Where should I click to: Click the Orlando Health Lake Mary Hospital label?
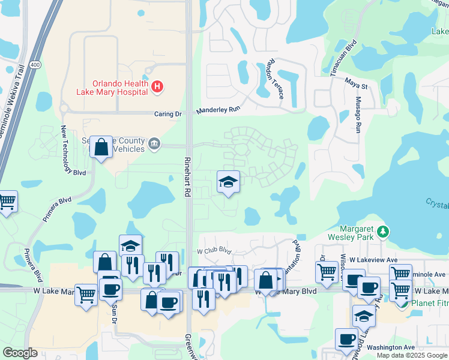112,88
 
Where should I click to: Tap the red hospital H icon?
157,88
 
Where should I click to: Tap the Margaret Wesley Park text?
348,233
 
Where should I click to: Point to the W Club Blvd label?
214,250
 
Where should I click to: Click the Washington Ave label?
391,347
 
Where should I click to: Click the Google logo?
20,352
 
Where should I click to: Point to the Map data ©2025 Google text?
412,355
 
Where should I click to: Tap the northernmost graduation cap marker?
228,182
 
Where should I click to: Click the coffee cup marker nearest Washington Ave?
346,340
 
